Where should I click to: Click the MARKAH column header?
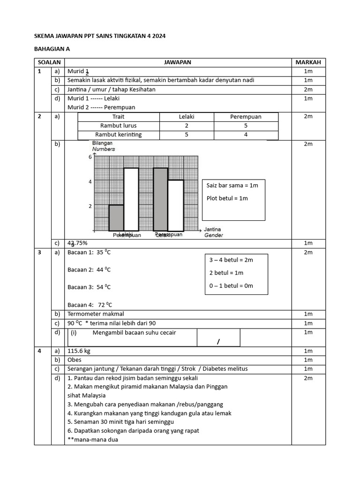pyautogui.click(x=308, y=62)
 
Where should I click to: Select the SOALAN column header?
pyautogui.click(x=49, y=62)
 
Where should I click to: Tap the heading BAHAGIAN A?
pyautogui.click(x=52, y=48)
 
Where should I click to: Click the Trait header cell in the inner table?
pyautogui.click(x=119, y=117)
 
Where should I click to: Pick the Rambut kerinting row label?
pyautogui.click(x=119, y=135)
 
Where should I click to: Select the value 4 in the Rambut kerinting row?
pyautogui.click(x=246, y=135)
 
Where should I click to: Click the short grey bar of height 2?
pyautogui.click(x=116, y=217)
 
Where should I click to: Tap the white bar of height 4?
pyautogui.click(x=176, y=205)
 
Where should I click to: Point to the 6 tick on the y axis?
pyautogui.click(x=90, y=157)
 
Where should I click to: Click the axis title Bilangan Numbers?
pyautogui.click(x=103, y=146)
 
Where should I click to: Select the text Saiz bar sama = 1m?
pyautogui.click(x=232, y=185)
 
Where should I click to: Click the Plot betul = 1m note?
pyautogui.click(x=227, y=198)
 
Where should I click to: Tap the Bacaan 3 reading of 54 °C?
pyautogui.click(x=89, y=287)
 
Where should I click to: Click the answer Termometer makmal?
pyautogui.click(x=96, y=314)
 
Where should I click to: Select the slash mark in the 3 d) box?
pyautogui.click(x=218, y=342)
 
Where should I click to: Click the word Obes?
pyautogui.click(x=75, y=360)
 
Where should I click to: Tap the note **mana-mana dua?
pyautogui.click(x=93, y=440)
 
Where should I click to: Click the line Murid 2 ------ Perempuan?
pyautogui.click(x=101, y=107)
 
